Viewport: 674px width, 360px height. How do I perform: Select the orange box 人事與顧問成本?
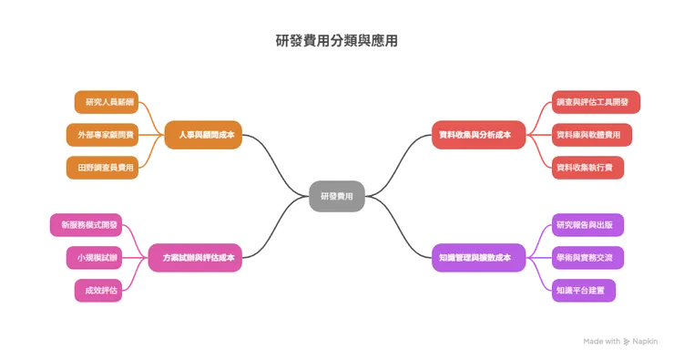pyautogui.click(x=201, y=135)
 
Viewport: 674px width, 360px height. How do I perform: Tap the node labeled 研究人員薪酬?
pyautogui.click(x=104, y=102)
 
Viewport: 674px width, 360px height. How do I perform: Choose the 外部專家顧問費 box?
pyautogui.click(x=104, y=135)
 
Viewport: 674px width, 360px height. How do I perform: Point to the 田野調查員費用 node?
pyautogui.click(x=104, y=168)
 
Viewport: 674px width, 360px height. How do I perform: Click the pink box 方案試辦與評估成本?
pyautogui.click(x=198, y=258)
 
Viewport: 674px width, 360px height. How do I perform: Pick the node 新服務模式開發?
pyautogui.click(x=90, y=224)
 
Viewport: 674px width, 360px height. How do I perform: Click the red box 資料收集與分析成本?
pyautogui.click(x=475, y=135)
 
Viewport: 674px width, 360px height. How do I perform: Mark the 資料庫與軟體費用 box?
pyautogui.click(x=588, y=135)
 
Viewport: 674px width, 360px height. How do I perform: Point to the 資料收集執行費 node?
pyautogui.click(x=588, y=168)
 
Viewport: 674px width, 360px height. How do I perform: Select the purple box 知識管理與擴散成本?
pyautogui.click(x=475, y=258)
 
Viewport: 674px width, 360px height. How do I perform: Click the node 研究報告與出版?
pyautogui.click(x=589, y=224)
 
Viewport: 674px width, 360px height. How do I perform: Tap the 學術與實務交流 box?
pyautogui.click(x=589, y=258)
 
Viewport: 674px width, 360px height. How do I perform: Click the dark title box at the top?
pyautogui.click(x=336, y=41)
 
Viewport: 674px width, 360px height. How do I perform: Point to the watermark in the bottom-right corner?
pyautogui.click(x=621, y=341)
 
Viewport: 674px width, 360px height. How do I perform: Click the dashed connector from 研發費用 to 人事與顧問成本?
pyautogui.click(x=273, y=164)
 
